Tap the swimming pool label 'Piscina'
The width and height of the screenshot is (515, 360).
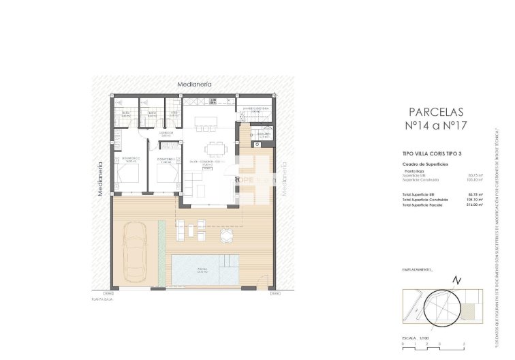tap(202, 271)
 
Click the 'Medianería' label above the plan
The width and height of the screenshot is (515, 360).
tap(194, 84)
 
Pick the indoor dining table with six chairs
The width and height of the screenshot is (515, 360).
tap(216, 149)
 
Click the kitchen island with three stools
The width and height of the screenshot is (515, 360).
tap(205, 122)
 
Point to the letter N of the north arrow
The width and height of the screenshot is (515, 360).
tap(457, 280)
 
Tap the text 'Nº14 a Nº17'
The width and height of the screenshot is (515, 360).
tap(435, 126)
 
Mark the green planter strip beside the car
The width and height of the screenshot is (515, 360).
tap(161, 253)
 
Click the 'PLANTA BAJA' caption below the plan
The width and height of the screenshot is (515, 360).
tap(102, 299)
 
